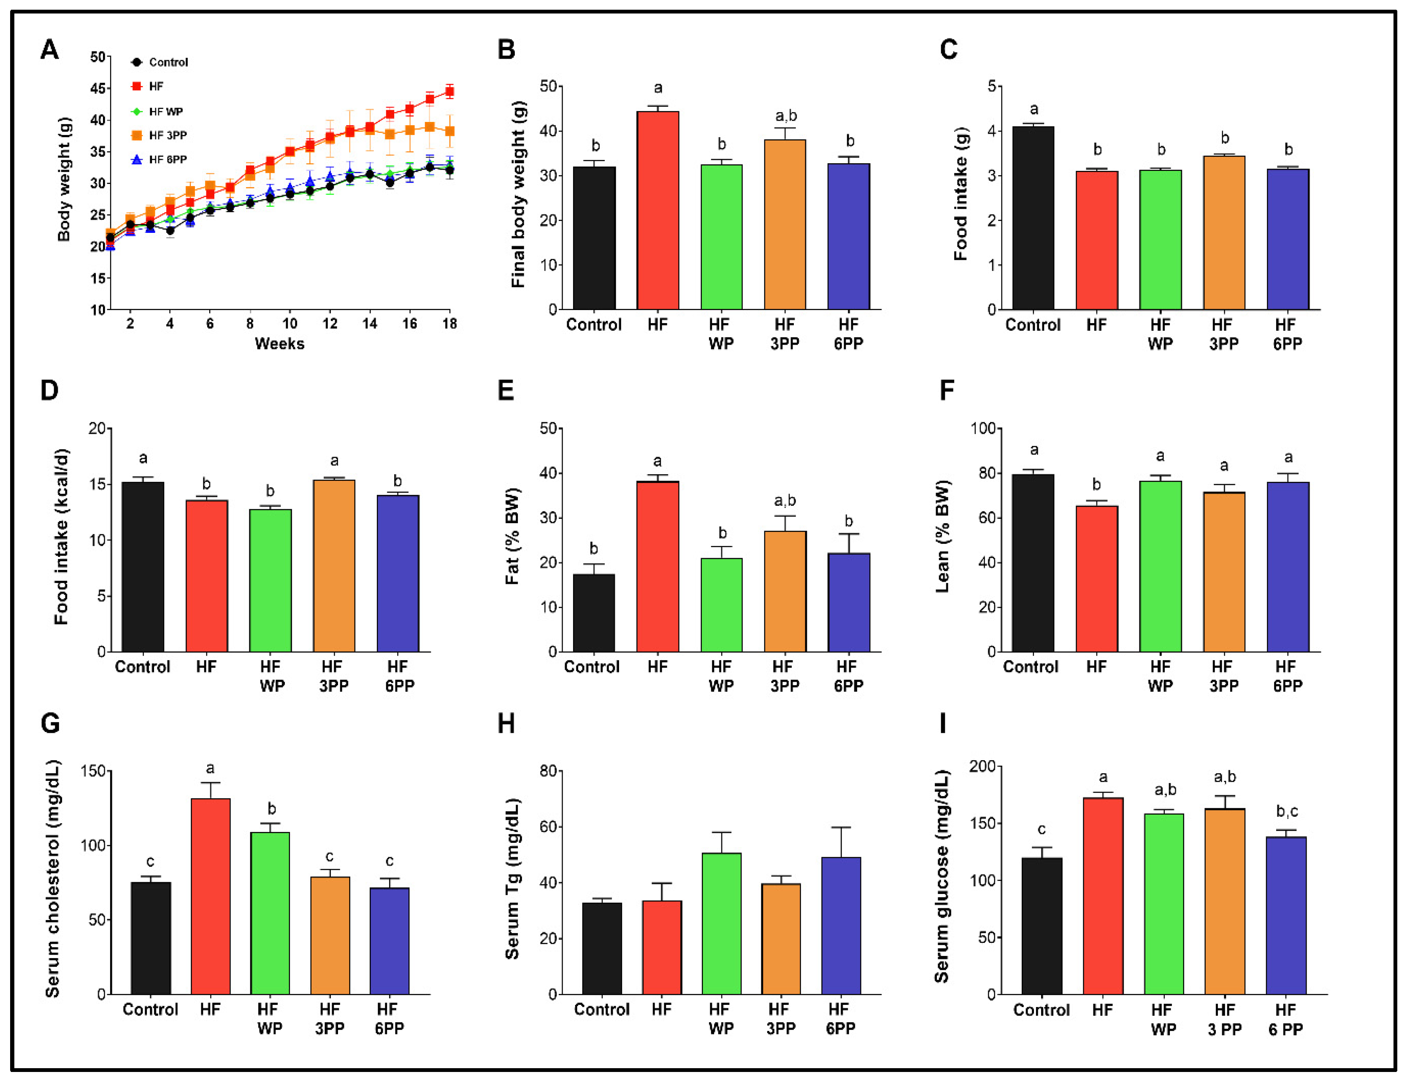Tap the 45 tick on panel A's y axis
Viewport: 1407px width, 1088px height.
tap(98, 88)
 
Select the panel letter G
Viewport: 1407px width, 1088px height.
tap(50, 724)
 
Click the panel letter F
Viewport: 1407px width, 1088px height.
tap(947, 390)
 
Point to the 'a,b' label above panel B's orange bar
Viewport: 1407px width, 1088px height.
tap(786, 116)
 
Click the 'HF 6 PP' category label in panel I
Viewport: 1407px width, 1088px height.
tap(1285, 1020)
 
